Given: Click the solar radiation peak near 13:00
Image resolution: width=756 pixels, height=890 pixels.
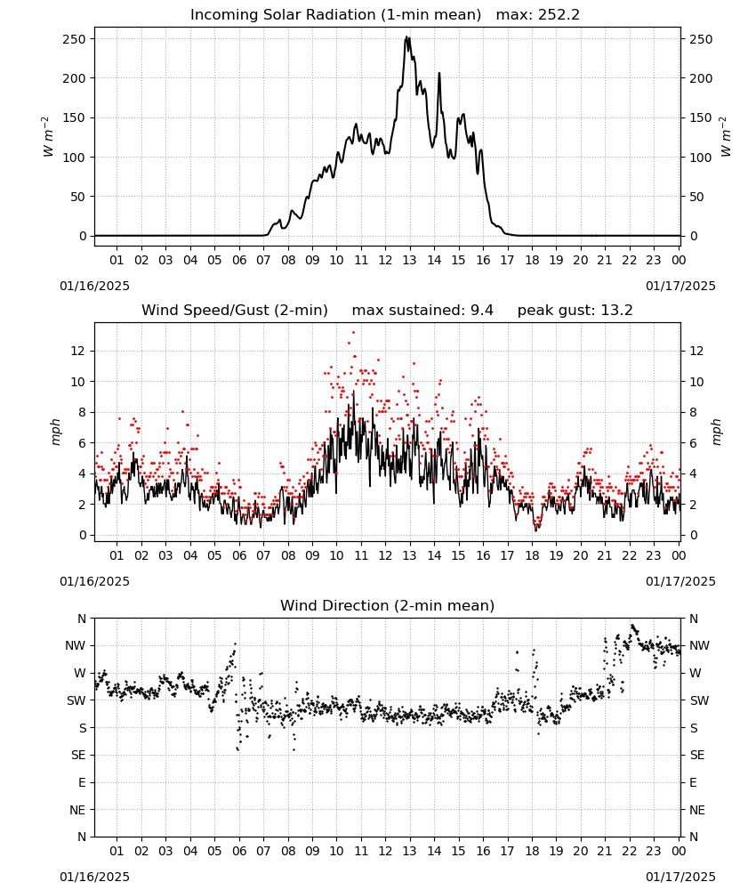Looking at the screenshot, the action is click(406, 37).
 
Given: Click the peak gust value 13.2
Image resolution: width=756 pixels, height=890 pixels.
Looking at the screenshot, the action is click(616, 310).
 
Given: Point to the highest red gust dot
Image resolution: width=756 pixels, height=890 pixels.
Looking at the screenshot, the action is click(353, 332).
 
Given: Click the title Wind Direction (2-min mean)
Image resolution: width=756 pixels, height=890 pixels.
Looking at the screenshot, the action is click(388, 605).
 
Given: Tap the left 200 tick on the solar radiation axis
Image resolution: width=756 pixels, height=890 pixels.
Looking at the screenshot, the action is click(75, 78).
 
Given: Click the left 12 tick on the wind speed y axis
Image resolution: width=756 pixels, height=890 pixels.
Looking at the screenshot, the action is click(77, 351).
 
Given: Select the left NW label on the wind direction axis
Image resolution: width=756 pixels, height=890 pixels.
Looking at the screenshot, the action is click(76, 645).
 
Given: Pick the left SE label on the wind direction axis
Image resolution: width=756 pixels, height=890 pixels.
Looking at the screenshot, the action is click(79, 755).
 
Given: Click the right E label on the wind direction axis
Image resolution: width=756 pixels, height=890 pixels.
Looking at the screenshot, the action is click(693, 782).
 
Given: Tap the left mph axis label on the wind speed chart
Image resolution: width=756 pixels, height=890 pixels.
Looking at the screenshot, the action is click(55, 432).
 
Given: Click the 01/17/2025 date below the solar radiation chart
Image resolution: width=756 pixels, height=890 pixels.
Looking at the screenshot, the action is click(680, 286).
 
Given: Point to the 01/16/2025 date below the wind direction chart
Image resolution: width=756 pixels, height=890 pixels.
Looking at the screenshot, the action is click(94, 877).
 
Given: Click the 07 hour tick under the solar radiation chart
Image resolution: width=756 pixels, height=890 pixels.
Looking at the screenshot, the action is click(263, 260).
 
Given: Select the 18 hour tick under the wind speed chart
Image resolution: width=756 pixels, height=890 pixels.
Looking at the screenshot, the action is click(532, 555).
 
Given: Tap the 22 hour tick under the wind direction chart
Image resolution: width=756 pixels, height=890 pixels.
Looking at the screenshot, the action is click(629, 851).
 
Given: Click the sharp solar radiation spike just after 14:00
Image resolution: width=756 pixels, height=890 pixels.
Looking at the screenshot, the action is click(439, 73).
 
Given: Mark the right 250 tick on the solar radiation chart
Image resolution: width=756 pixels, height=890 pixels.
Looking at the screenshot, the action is click(701, 39).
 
